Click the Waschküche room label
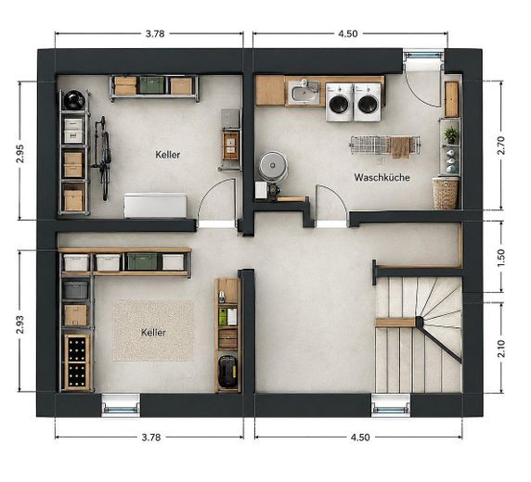pyautogui.click(x=382, y=178)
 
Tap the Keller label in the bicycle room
pyautogui.click(x=168, y=155)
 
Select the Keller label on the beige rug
pyautogui.click(x=153, y=333)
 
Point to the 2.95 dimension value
pyautogui.click(x=20, y=154)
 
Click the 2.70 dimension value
pyautogui.click(x=501, y=146)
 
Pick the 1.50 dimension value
pyautogui.click(x=501, y=258)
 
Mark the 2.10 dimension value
pyautogui.click(x=501, y=349)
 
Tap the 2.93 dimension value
pyautogui.click(x=20, y=324)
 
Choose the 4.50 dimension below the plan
pyautogui.click(x=360, y=438)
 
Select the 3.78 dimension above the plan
pyautogui.click(x=155, y=33)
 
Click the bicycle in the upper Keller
pyautogui.click(x=102, y=159)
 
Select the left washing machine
pyautogui.click(x=340, y=103)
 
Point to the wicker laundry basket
pyautogui.click(x=446, y=194)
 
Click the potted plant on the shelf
pyautogui.click(x=450, y=134)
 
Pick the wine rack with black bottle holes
pyautogui.click(x=77, y=361)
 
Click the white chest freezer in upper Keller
pyautogui.click(x=155, y=206)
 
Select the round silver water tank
pyautogui.click(x=273, y=166)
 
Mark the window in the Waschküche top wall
pyautogui.click(x=423, y=55)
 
